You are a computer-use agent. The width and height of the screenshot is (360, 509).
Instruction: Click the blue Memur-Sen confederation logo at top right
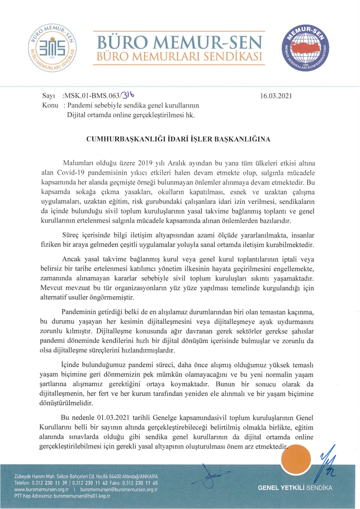coord(305,48)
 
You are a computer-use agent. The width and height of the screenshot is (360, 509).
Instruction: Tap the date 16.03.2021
coord(276,96)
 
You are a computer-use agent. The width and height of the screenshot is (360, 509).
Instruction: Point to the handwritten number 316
coord(128,95)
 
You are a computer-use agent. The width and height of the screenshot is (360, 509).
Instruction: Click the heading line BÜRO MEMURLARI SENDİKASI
coord(179,57)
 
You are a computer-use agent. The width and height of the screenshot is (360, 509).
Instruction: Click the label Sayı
coord(49,96)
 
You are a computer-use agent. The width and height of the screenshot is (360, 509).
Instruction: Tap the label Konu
coord(50,105)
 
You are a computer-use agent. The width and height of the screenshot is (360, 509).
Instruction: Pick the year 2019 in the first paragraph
coord(146,164)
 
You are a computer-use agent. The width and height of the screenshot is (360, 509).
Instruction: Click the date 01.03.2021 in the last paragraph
coord(113,418)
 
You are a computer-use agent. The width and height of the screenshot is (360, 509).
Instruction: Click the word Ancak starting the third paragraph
coord(72,259)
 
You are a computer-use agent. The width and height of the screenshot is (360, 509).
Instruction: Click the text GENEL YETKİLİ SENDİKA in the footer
coord(295,488)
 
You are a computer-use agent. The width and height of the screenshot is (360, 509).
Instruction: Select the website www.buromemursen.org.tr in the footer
coord(42,490)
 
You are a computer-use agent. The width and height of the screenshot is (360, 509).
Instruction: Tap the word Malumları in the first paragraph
coord(78,164)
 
